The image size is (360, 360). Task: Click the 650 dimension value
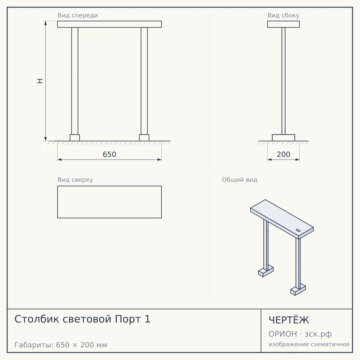click(x=109, y=154)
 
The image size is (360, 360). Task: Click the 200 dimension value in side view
click(x=283, y=154)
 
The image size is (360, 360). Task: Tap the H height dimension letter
click(x=40, y=81)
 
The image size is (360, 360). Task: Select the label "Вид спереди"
click(x=78, y=15)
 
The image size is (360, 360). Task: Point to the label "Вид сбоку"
click(x=283, y=15)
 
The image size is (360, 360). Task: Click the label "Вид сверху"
click(x=75, y=180)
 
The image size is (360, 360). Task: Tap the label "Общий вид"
click(x=239, y=180)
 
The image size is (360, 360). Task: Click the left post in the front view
click(x=75, y=81)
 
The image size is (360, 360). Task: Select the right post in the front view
click(x=144, y=81)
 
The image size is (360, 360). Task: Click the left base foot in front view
click(x=75, y=138)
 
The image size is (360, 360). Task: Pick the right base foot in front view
click(x=144, y=138)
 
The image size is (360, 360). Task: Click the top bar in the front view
click(x=109, y=24)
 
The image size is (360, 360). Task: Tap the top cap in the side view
click(x=283, y=24)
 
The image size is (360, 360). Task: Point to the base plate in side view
click(x=283, y=138)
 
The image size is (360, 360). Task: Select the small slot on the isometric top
click(x=298, y=230)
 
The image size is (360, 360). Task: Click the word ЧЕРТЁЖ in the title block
click(x=289, y=320)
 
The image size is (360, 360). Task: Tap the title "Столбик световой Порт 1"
click(x=82, y=319)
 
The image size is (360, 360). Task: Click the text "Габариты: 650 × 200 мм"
click(x=61, y=345)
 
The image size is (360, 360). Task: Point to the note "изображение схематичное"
click(x=309, y=344)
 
